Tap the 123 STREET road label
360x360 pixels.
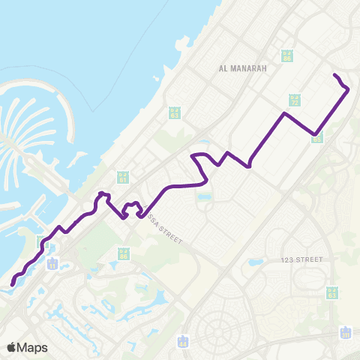[301, 259]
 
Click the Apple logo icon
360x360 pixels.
[13, 347]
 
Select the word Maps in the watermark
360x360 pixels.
[33, 347]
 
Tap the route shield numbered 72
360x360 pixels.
[295, 100]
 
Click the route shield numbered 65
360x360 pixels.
[317, 139]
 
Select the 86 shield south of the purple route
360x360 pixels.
[124, 254]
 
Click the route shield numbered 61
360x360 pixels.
[123, 178]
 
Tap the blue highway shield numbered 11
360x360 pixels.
[53, 264]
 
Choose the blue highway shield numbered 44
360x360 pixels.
[183, 342]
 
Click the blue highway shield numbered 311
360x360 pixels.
[346, 332]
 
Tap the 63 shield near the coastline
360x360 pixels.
[175, 112]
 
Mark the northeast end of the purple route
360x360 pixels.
[334, 76]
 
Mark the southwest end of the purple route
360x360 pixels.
[13, 283]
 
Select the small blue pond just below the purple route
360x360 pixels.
[205, 196]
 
